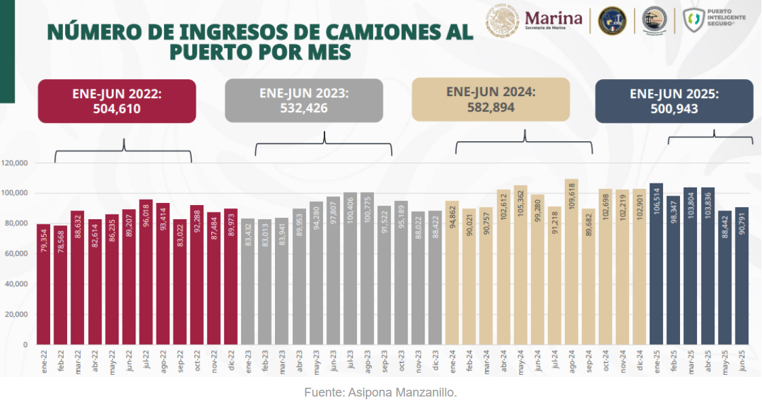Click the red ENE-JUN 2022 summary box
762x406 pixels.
[x=117, y=101]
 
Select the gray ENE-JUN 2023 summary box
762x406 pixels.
[x=303, y=101]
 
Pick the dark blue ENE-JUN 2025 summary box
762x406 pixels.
[x=674, y=101]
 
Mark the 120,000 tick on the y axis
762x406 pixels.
[x=14, y=163]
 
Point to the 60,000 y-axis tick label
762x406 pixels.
[x=16, y=254]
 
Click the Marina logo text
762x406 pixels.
[x=553, y=18]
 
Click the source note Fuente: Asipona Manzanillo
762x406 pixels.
[x=381, y=392]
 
